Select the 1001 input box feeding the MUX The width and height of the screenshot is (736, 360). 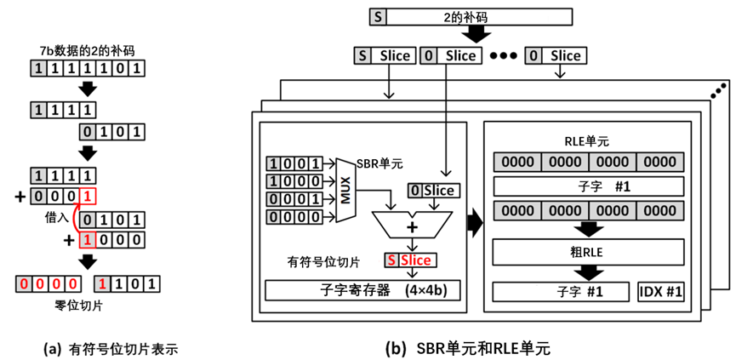(x=294, y=163)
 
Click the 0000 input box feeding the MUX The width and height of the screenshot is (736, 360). (x=294, y=217)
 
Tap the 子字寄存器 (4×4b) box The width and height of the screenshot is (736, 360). (x=362, y=291)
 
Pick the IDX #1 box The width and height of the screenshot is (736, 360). (x=660, y=291)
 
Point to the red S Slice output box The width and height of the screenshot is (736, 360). (x=411, y=260)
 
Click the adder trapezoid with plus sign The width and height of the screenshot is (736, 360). (x=412, y=225)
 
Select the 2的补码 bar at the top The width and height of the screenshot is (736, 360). (x=471, y=17)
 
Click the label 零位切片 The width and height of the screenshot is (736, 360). (x=79, y=306)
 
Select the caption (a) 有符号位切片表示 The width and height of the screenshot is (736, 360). (x=111, y=350)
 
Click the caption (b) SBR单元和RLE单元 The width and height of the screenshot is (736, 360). (x=466, y=349)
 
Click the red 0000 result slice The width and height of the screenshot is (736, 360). (x=48, y=284)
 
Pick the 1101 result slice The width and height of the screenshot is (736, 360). (x=127, y=284)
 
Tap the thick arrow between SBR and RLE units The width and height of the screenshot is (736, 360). (x=475, y=222)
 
